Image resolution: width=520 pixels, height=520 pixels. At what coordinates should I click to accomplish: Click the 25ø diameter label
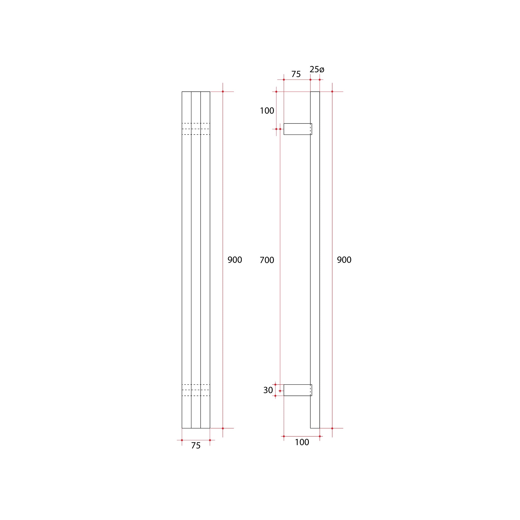317,69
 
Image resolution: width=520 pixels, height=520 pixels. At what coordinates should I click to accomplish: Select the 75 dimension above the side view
296,74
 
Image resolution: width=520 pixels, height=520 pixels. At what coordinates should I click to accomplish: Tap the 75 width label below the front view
196,446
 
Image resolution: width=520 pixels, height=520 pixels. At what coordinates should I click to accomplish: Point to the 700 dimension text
267,260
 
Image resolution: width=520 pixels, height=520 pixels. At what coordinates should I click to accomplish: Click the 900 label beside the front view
235,260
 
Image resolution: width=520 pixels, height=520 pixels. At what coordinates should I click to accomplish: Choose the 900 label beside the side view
344,260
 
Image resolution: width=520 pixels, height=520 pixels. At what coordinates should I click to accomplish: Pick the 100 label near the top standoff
267,111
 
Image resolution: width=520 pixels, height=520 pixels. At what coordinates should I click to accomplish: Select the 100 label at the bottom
302,442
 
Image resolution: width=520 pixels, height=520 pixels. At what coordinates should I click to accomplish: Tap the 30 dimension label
268,390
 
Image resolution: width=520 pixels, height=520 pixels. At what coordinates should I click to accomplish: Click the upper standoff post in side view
297,129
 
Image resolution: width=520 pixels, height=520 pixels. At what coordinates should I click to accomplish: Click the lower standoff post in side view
297,390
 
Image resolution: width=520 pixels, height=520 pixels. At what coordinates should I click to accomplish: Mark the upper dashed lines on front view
196,129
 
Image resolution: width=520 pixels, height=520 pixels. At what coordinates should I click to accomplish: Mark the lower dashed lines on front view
196,390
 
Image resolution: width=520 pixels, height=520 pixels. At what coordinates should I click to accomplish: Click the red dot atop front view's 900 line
223,91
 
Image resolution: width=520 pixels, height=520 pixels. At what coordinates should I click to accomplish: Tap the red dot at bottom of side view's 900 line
332,428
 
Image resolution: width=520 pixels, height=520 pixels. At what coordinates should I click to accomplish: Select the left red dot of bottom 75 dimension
182,440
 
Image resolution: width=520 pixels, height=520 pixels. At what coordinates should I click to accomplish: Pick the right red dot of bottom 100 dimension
320,436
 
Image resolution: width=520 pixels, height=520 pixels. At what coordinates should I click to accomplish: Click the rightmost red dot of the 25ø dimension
320,80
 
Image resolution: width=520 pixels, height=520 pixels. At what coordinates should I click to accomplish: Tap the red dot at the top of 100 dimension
276,91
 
